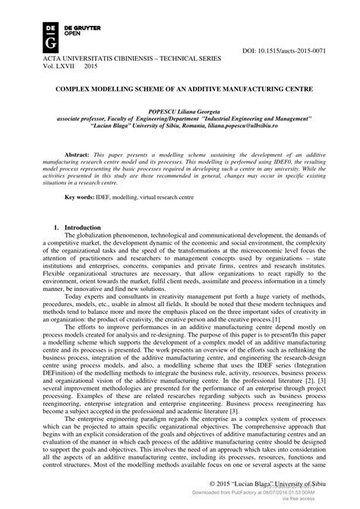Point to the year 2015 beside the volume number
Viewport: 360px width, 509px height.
91,66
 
